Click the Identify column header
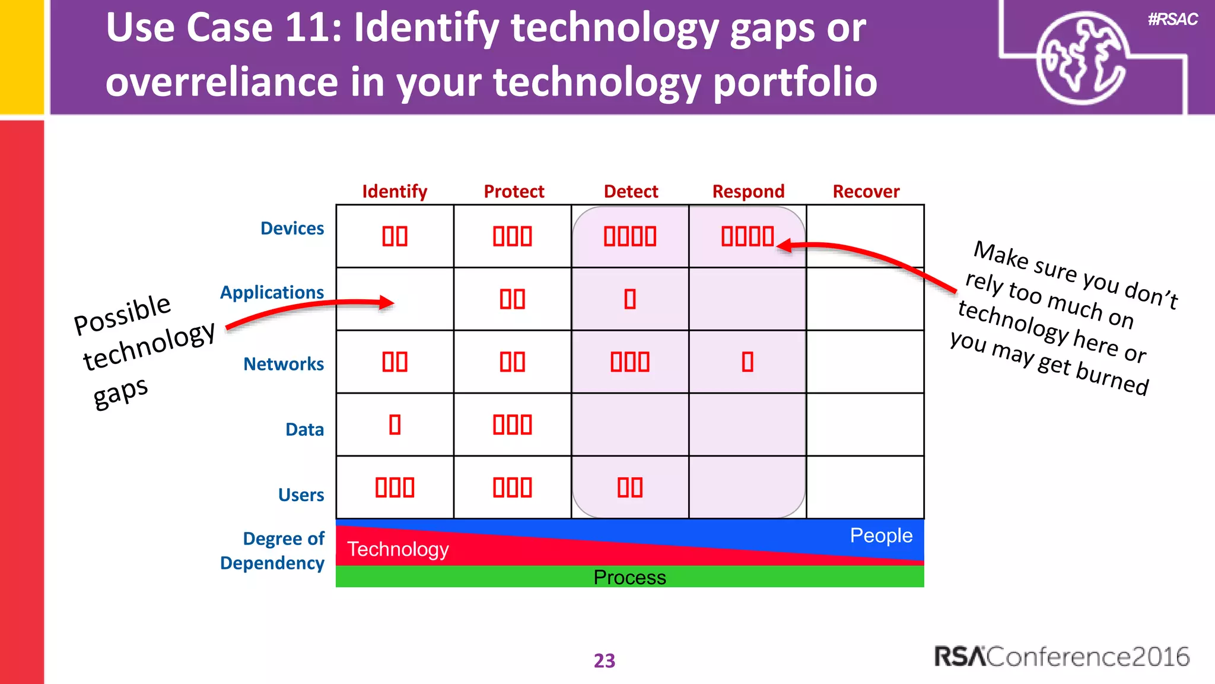(395, 191)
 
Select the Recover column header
(866, 191)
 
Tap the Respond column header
(748, 191)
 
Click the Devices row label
(292, 228)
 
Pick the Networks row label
(284, 363)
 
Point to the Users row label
(301, 495)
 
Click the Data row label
(304, 429)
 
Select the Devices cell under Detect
(630, 236)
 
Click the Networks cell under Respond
(748, 362)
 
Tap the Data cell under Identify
(395, 425)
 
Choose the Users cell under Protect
(513, 487)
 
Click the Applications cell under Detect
(630, 299)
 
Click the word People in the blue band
(881, 535)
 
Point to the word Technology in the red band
(397, 549)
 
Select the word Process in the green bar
(629, 577)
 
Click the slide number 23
(605, 660)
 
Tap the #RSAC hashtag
(1172, 20)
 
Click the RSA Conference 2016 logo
(1062, 657)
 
